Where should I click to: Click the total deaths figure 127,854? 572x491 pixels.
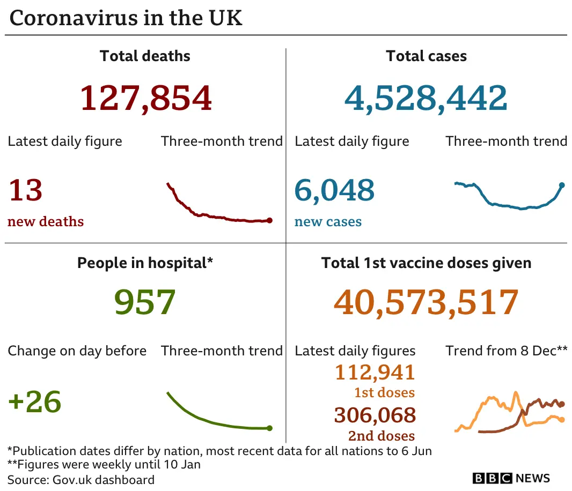[145, 98]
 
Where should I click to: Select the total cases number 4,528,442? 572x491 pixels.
[426, 98]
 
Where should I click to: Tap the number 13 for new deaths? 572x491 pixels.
[25, 190]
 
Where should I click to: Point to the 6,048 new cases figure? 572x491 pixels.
[334, 190]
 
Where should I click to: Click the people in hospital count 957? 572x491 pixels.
[145, 302]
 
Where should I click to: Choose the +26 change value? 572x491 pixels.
[35, 401]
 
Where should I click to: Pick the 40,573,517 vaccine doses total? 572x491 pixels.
[426, 302]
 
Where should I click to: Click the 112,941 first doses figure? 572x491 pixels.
[375, 372]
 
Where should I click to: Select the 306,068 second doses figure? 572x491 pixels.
[375, 415]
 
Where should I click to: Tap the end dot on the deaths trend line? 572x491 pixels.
[269, 220]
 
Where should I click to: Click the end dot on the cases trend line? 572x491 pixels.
[562, 185]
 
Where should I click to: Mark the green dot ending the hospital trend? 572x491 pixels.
[269, 428]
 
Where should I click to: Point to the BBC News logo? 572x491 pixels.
[511, 478]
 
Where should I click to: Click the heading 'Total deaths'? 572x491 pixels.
[145, 56]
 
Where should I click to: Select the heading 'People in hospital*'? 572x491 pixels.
[145, 263]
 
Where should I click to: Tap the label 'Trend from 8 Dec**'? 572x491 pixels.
[506, 351]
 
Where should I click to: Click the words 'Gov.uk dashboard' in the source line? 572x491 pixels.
[104, 480]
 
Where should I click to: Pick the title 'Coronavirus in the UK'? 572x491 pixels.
[126, 18]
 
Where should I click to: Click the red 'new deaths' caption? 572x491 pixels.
[46, 221]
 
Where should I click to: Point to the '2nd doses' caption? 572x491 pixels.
[382, 436]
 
